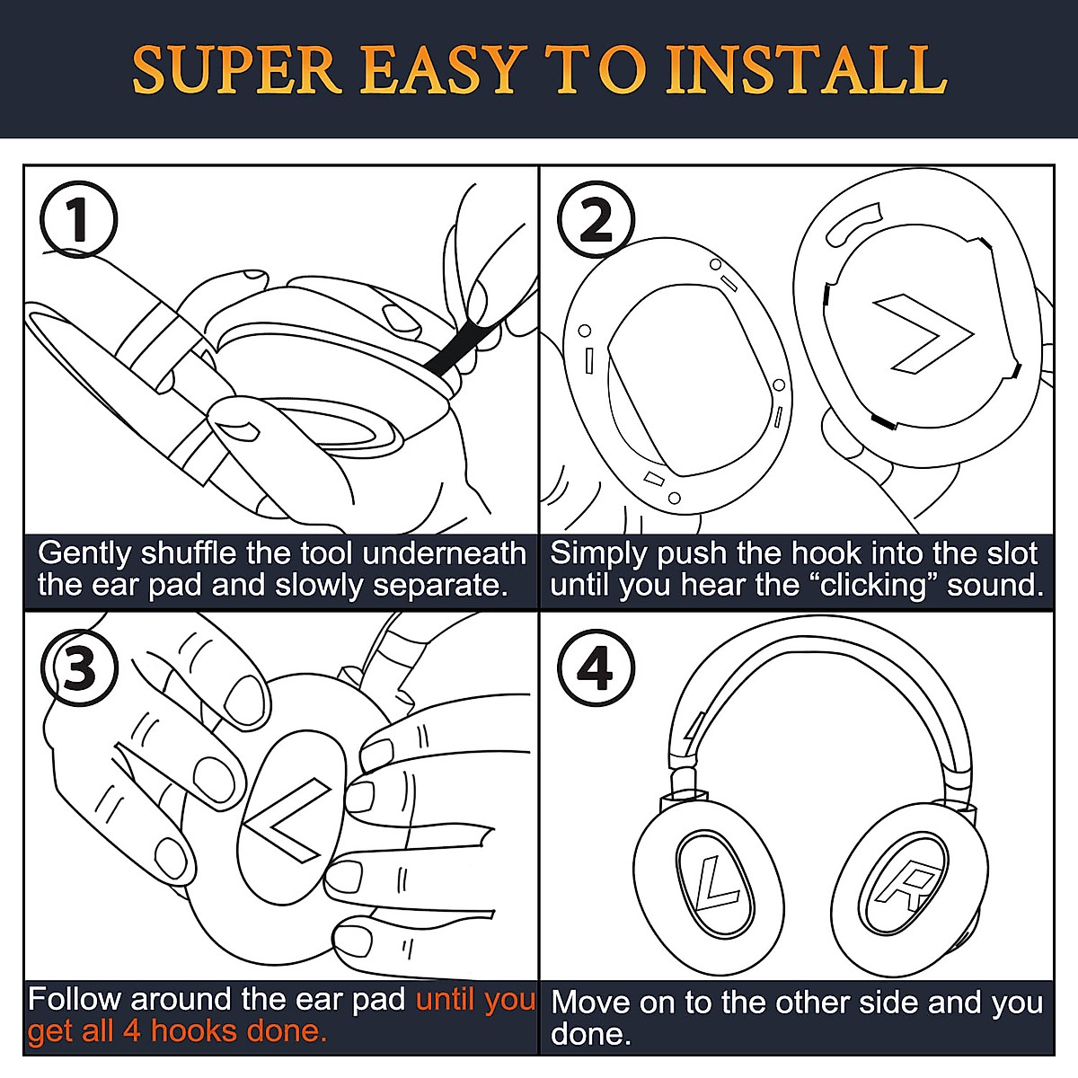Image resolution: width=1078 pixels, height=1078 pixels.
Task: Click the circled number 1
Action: click(79, 219)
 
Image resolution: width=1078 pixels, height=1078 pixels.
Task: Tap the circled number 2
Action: click(596, 220)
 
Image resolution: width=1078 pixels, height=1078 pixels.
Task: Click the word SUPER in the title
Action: click(236, 70)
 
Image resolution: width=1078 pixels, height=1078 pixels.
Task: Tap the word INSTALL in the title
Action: click(806, 70)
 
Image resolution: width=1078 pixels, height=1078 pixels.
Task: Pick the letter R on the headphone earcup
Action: click(906, 888)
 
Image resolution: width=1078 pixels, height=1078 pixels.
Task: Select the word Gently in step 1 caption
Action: click(84, 555)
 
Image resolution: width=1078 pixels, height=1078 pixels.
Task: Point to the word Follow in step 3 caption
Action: click(75, 999)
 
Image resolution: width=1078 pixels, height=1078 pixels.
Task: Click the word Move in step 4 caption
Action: click(590, 1002)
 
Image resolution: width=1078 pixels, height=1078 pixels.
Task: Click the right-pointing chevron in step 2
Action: click(924, 333)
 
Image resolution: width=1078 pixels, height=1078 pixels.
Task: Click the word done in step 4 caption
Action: click(591, 1034)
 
